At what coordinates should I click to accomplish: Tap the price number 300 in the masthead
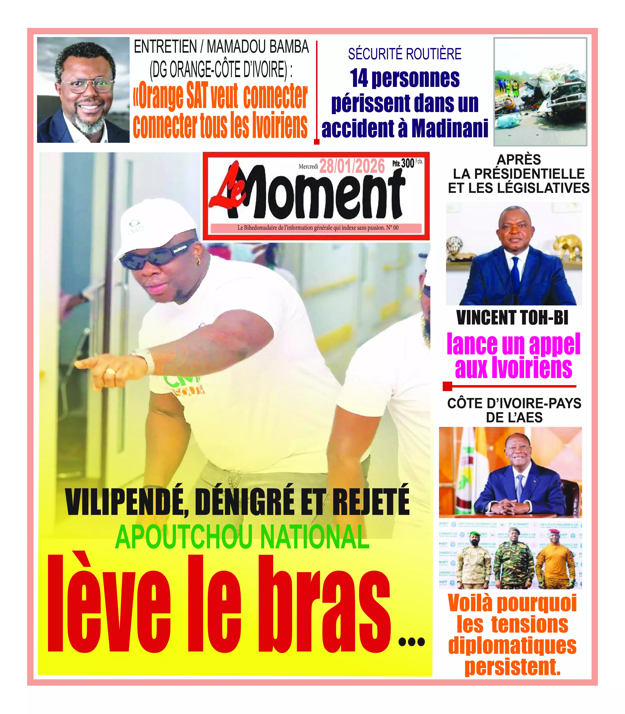407,163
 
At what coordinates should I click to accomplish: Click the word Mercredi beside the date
308,167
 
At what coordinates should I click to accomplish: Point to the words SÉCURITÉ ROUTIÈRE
405,54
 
